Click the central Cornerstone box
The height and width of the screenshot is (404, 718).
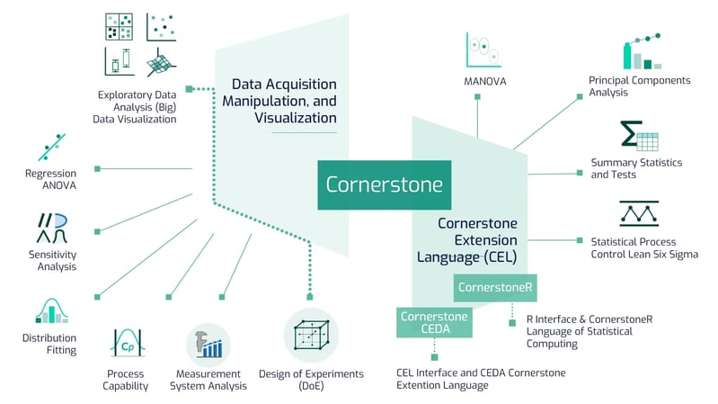(385, 184)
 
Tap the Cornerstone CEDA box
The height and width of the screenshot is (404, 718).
(434, 322)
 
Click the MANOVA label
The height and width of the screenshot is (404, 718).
(486, 81)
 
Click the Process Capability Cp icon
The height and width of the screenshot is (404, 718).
(124, 342)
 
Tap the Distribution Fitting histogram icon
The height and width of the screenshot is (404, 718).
(52, 309)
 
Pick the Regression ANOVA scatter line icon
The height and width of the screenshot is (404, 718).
(50, 146)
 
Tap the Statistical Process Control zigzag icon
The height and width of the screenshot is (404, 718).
(639, 213)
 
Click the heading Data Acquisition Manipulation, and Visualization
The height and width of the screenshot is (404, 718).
(283, 99)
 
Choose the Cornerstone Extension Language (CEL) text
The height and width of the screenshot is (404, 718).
(477, 240)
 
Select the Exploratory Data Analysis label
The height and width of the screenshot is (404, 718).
(137, 106)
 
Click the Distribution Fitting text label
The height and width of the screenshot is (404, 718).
(49, 344)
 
